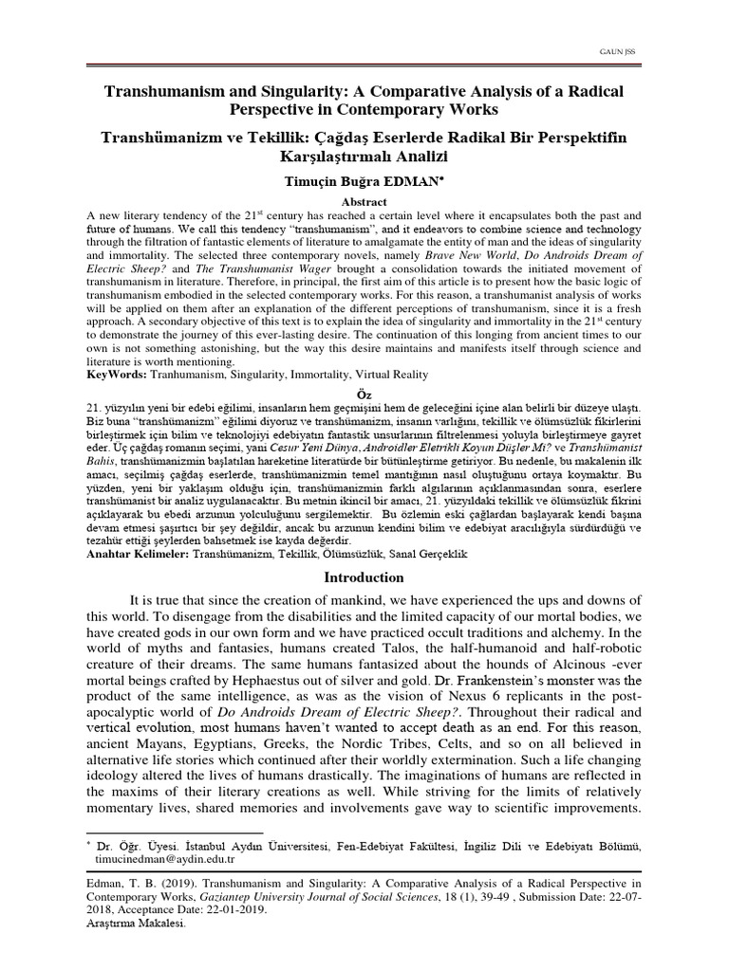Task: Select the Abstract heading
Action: coord(364,202)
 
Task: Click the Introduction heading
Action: coord(364,577)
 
